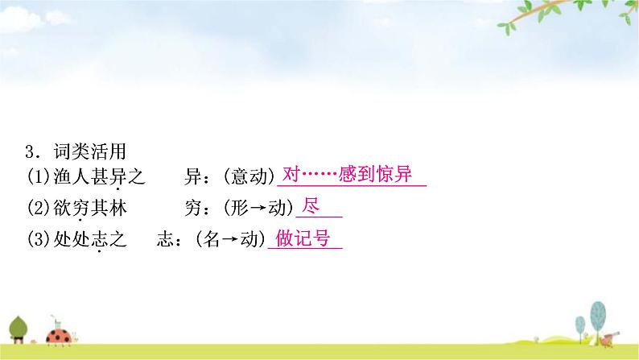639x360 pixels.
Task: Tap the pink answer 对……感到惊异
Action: (x=348, y=175)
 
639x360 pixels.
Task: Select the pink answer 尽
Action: (x=310, y=206)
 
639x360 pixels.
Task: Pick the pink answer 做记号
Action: (x=303, y=238)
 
